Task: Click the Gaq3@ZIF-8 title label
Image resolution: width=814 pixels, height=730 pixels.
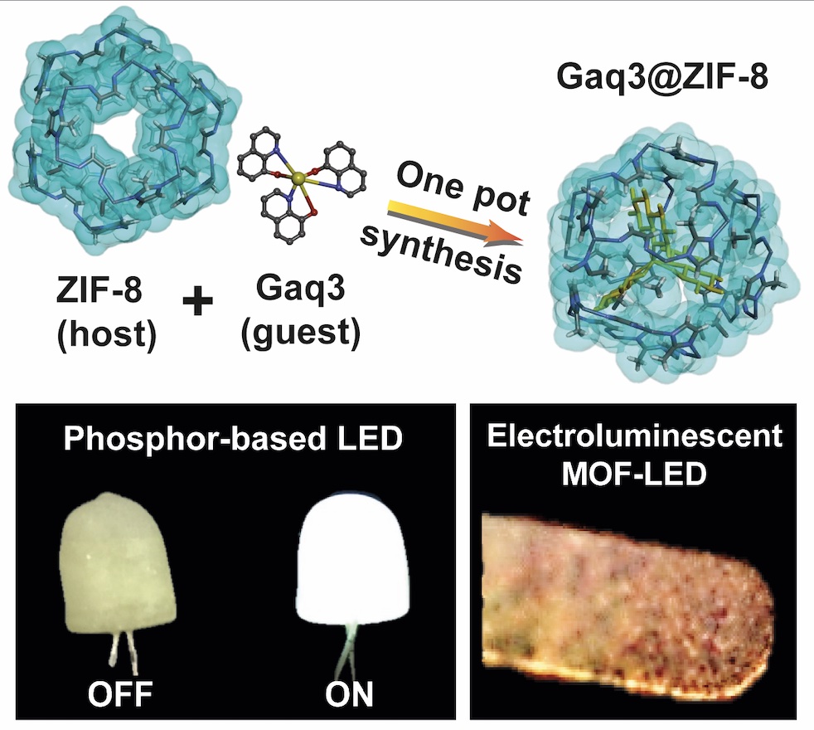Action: (x=662, y=77)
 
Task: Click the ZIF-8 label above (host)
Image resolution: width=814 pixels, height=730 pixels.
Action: (x=99, y=290)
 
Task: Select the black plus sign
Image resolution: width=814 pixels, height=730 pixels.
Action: (x=198, y=303)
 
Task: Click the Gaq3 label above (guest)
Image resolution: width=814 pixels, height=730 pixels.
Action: (x=300, y=288)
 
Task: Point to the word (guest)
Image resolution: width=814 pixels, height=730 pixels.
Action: (x=301, y=334)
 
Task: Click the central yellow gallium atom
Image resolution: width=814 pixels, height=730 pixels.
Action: (x=298, y=179)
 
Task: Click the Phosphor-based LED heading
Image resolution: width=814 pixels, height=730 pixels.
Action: (x=233, y=438)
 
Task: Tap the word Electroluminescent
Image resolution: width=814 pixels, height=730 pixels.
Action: (x=634, y=435)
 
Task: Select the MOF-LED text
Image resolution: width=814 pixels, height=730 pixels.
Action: (x=634, y=474)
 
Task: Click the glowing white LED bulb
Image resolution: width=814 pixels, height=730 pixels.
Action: (x=350, y=559)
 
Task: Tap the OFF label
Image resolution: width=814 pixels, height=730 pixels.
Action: (x=120, y=693)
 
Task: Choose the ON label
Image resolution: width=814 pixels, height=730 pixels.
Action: (x=349, y=693)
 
